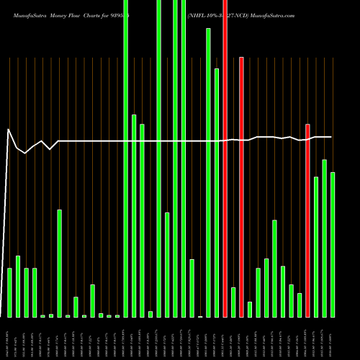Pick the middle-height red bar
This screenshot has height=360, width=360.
click(241, 187)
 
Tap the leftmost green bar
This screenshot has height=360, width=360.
click(9, 292)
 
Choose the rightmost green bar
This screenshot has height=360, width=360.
click(333, 245)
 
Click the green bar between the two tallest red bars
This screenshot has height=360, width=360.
click(233, 302)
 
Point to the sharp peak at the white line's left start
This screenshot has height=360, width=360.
click(8, 130)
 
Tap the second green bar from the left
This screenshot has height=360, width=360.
click(18, 287)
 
